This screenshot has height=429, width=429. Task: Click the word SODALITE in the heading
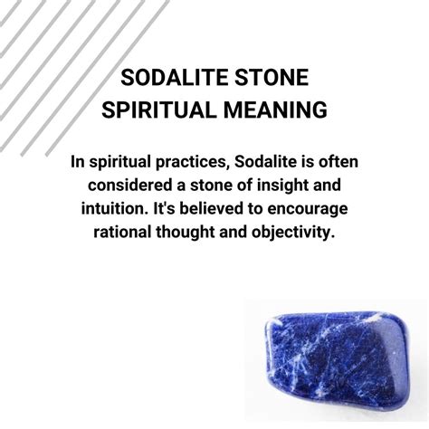pos(174,78)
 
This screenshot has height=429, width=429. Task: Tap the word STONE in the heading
pos(272,78)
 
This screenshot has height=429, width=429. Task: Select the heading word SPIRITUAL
pos(159,110)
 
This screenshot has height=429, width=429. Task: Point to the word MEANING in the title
pos(275,110)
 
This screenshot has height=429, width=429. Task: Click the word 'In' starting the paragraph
pos(78,162)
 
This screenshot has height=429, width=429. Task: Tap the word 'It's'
pos(164,209)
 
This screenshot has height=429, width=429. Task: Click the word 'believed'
pos(211,209)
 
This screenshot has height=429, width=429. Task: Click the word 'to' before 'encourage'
pos(255,209)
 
